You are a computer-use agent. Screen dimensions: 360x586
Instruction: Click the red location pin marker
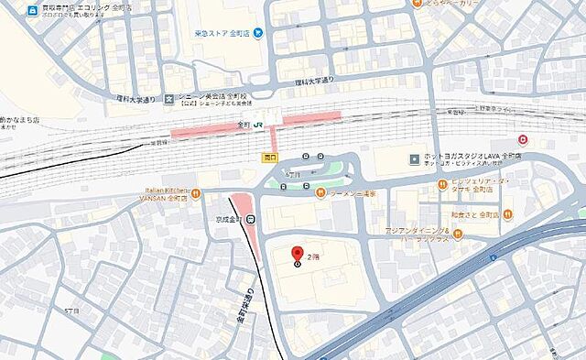pyautogui.click(x=297, y=254)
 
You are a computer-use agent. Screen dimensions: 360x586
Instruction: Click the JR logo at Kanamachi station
pyautogui.click(x=259, y=124)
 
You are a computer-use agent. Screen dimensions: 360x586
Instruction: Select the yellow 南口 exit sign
pyautogui.click(x=268, y=157)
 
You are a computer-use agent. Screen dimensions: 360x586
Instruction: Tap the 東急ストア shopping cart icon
pyautogui.click(x=259, y=34)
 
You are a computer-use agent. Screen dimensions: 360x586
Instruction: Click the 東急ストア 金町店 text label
pyautogui.click(x=223, y=34)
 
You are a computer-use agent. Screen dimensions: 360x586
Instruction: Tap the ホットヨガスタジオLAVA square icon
pyautogui.click(x=415, y=158)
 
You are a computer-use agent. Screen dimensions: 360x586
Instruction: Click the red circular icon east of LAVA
pyautogui.click(x=523, y=140)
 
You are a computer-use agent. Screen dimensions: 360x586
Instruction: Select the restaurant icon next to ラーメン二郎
pyautogui.click(x=320, y=192)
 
